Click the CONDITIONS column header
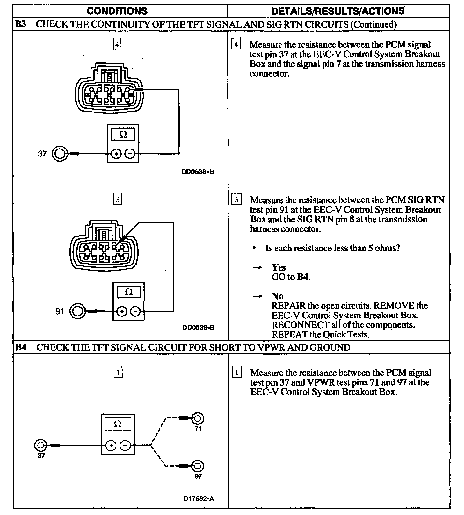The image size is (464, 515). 117,11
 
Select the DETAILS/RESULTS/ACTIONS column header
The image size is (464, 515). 338,11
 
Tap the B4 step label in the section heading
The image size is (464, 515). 21,347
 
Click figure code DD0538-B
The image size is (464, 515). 198,172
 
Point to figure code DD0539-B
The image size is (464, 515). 198,328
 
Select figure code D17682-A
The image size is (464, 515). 198,498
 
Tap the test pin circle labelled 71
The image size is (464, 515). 198,418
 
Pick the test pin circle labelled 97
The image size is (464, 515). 198,466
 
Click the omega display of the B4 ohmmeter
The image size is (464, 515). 118,424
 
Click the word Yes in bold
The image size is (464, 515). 279,267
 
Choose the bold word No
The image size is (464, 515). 278,296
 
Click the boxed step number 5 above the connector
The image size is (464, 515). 118,200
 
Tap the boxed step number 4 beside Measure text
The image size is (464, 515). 236,44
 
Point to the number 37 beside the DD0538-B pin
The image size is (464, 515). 42,154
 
